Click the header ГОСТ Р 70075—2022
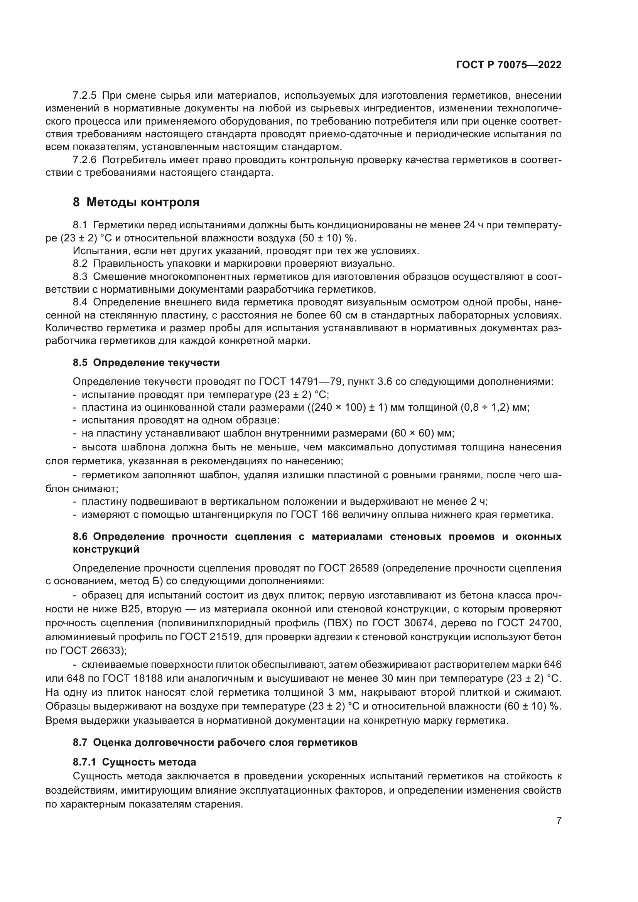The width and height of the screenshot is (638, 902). coord(509,65)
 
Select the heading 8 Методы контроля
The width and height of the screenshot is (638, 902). coord(136,202)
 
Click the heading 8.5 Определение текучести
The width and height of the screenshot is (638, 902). coord(146,362)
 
